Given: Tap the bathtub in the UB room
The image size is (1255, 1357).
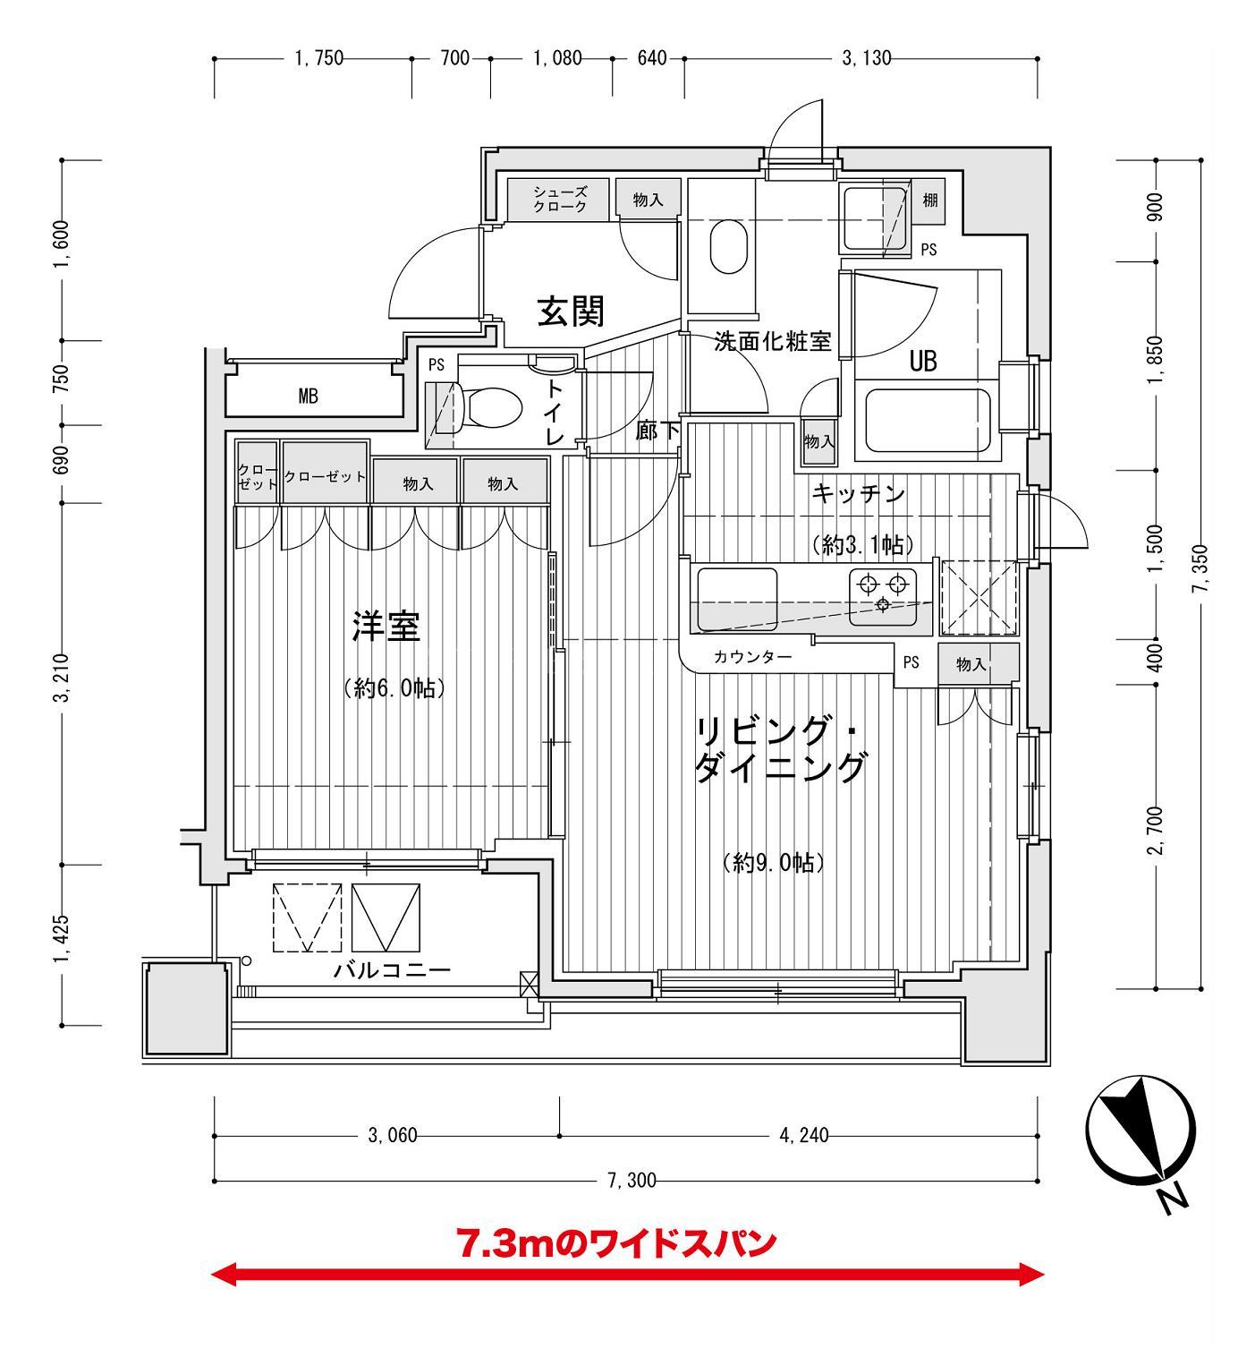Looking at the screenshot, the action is click(927, 420).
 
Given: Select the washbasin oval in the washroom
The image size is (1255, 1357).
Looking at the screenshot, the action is click(728, 248).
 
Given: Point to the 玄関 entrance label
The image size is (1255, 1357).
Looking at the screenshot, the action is click(571, 312).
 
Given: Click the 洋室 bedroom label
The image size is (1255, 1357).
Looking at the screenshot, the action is click(386, 627).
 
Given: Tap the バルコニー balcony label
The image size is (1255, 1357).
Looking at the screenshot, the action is click(392, 970).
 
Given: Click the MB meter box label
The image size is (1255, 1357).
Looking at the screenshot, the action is click(308, 397).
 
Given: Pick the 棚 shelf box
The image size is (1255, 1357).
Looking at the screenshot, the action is click(929, 201).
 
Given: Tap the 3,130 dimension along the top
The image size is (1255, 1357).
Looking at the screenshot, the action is click(866, 59).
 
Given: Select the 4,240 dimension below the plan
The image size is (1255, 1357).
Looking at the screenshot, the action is click(803, 1136).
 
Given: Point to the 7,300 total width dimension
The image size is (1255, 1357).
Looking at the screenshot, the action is click(632, 1181).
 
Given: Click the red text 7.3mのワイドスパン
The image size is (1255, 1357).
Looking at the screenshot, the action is click(616, 1243).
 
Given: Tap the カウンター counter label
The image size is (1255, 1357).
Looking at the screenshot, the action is click(752, 657).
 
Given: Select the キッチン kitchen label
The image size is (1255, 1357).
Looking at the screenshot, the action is click(859, 494).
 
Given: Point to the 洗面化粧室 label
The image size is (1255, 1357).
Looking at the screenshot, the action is click(772, 341).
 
